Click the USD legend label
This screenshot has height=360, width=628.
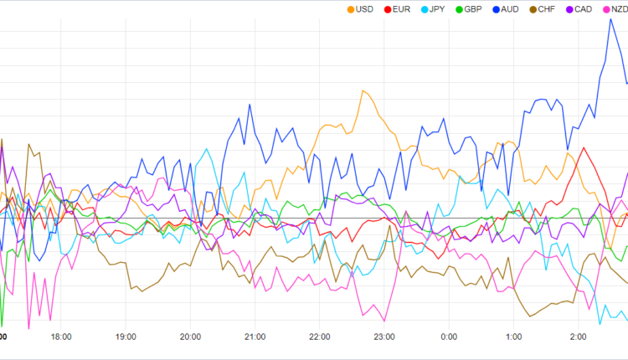pyautogui.click(x=364, y=9)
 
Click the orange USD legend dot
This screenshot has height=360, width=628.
pyautogui.click(x=350, y=9)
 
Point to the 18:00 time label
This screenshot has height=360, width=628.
pyautogui.click(x=61, y=337)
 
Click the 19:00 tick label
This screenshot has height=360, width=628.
pyautogui.click(x=126, y=337)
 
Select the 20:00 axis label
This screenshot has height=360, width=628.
pyautogui.click(x=190, y=337)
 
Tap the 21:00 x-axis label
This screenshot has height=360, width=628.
pyautogui.click(x=255, y=337)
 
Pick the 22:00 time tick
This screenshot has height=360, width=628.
pyautogui.click(x=320, y=337)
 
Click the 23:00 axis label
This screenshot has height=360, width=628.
pyautogui.click(x=384, y=337)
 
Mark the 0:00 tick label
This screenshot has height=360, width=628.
pyautogui.click(x=449, y=337)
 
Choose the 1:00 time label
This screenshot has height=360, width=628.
pyautogui.click(x=513, y=337)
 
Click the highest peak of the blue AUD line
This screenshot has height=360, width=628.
pyautogui.click(x=610, y=19)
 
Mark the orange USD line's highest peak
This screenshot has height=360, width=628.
pyautogui.click(x=363, y=90)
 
